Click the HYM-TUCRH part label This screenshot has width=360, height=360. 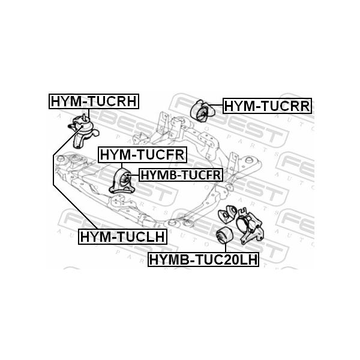94,102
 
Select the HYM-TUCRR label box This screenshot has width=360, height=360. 266,107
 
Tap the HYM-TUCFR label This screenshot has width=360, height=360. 143,155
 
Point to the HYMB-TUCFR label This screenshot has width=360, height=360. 181,175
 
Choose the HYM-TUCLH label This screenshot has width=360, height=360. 122,237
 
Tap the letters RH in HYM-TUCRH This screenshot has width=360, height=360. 126,102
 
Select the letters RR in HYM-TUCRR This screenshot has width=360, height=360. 297,107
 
